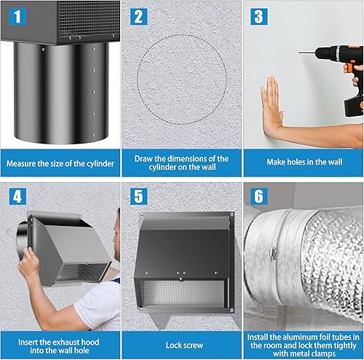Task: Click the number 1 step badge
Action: pos(17,16)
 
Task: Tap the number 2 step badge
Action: pos(138,16)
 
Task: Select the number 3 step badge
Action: pos(259,16)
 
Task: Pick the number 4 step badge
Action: pos(17,196)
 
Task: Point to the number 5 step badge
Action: pos(138,196)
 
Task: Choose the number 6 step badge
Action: pos(259,196)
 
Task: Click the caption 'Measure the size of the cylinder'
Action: pos(60,163)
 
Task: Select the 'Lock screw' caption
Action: pos(181,345)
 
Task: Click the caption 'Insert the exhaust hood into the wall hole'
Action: pos(60,344)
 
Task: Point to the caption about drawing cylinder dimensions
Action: pos(181,163)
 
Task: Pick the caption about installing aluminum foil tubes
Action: pos(303,344)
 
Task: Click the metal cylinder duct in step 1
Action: pos(60,95)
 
